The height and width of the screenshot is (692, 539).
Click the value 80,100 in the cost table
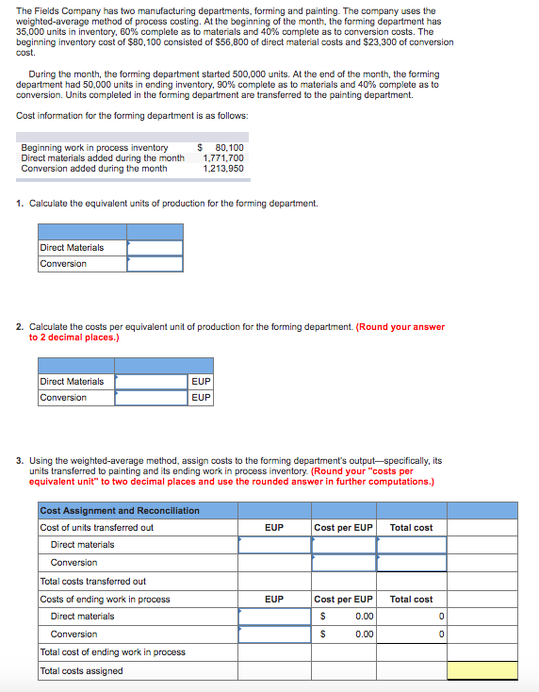[229, 148]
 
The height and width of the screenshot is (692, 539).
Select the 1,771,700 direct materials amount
[223, 158]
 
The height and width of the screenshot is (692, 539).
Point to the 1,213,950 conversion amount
[223, 169]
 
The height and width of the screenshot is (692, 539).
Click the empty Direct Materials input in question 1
[155, 248]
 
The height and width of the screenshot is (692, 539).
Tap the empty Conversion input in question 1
[155, 264]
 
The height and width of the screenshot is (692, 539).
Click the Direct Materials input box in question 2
[151, 382]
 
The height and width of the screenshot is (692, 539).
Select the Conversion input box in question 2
[151, 398]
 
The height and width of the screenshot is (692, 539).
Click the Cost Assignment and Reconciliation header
[120, 510]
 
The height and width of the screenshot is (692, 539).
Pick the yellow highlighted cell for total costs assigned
[482, 670]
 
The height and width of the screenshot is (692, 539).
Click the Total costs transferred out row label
[92, 582]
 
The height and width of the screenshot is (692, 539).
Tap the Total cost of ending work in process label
[112, 652]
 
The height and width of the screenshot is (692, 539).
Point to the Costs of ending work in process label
[105, 600]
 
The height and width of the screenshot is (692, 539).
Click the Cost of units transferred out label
[96, 528]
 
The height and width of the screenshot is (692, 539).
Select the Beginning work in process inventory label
[94, 148]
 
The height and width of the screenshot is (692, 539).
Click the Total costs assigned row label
[81, 670]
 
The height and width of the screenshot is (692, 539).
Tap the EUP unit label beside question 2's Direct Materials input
[200, 382]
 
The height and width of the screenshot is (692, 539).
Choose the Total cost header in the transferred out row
[411, 528]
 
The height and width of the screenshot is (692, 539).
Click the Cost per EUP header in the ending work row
[343, 600]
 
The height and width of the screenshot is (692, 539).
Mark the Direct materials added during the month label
[103, 158]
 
